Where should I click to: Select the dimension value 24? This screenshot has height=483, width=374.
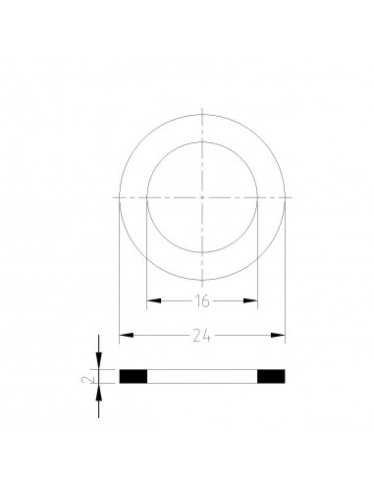click(x=201, y=336)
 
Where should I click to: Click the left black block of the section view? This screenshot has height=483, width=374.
click(x=133, y=375)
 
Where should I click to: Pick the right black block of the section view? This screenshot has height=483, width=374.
click(x=271, y=375)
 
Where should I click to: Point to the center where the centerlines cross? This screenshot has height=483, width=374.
click(x=201, y=197)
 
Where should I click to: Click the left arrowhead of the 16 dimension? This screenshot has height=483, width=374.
click(x=150, y=298)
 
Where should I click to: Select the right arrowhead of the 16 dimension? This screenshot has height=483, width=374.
click(x=252, y=298)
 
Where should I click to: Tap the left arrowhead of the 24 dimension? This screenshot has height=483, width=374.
click(x=123, y=337)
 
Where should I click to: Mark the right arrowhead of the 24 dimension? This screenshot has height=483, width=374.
click(x=281, y=337)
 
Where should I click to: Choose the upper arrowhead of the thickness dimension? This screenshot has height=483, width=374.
click(x=98, y=364)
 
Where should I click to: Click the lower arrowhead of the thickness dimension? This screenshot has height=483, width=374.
click(x=98, y=386)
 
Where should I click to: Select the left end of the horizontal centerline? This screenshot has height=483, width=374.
click(x=111, y=197)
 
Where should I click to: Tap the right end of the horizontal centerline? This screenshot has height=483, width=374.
click(x=292, y=197)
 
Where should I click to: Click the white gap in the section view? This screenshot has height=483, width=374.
click(x=201, y=375)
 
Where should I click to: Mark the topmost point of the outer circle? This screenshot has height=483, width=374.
click(x=201, y=114)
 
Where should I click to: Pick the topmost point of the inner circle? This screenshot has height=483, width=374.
click(x=201, y=142)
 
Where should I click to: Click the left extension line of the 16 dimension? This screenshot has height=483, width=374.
click(x=145, y=255)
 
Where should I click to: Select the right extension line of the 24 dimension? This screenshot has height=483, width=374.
click(x=286, y=275)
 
